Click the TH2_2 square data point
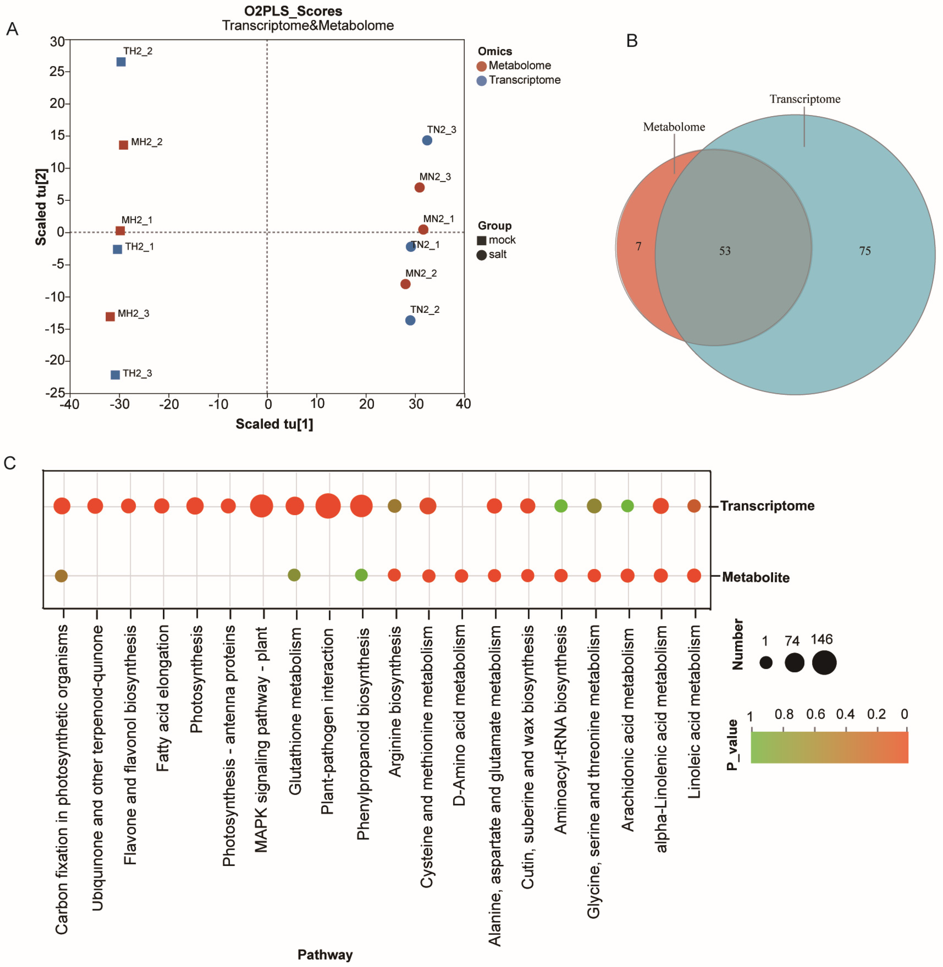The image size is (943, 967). (121, 62)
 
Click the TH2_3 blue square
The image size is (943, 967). (115, 374)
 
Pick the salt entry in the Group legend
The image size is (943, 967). (497, 255)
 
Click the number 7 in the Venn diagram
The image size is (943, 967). (638, 246)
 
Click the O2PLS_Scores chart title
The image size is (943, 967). (293, 11)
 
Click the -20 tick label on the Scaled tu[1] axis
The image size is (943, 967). (168, 404)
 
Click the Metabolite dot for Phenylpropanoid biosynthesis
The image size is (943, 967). (362, 575)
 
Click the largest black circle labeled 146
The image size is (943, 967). (824, 663)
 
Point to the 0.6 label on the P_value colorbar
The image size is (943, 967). (815, 714)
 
